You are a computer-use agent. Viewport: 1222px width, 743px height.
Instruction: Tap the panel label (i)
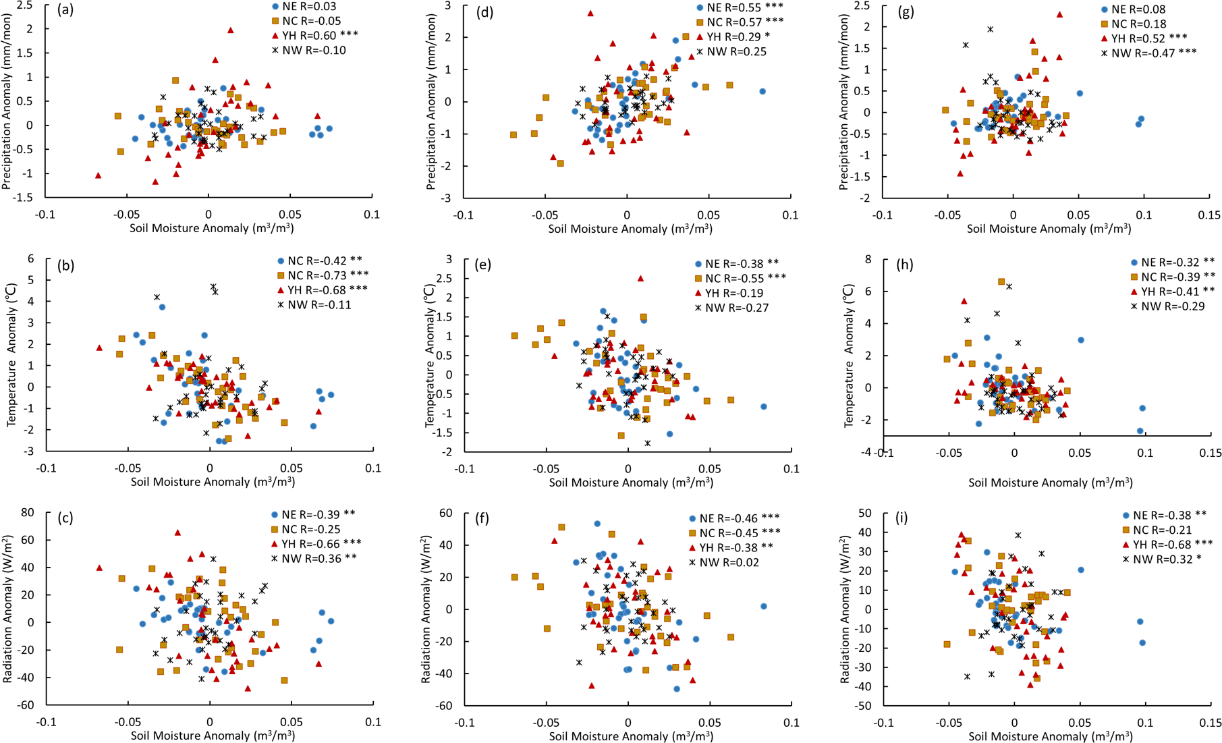point(901,518)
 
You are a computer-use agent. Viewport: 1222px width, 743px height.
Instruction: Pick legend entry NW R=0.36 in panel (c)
point(314,558)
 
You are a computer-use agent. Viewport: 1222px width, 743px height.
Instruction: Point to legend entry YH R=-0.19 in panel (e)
point(733,293)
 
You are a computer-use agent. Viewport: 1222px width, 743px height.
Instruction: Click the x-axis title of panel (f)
point(631,736)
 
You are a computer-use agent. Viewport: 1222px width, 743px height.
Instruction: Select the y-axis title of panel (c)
point(9,609)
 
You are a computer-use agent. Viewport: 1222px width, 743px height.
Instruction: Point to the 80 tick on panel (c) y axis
point(28,513)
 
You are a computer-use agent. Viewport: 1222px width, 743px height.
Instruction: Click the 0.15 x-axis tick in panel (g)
point(1210,215)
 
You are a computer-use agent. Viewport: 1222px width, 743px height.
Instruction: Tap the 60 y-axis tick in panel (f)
point(447,514)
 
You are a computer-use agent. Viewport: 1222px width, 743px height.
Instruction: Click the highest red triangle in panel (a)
point(230,30)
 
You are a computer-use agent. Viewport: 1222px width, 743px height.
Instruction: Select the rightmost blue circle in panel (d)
point(762,91)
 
